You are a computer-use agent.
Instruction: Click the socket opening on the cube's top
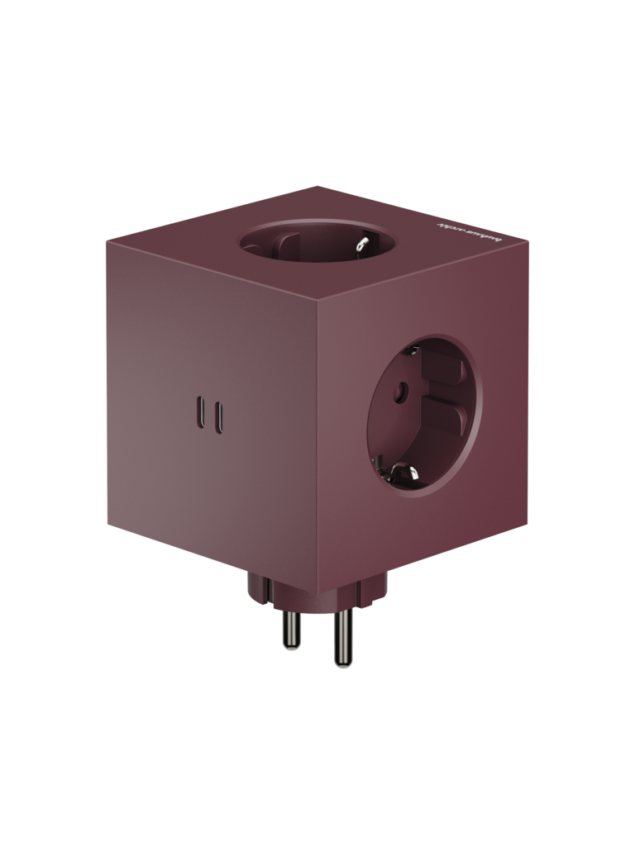[x=317, y=243]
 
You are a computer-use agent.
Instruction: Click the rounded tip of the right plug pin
[x=341, y=663]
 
